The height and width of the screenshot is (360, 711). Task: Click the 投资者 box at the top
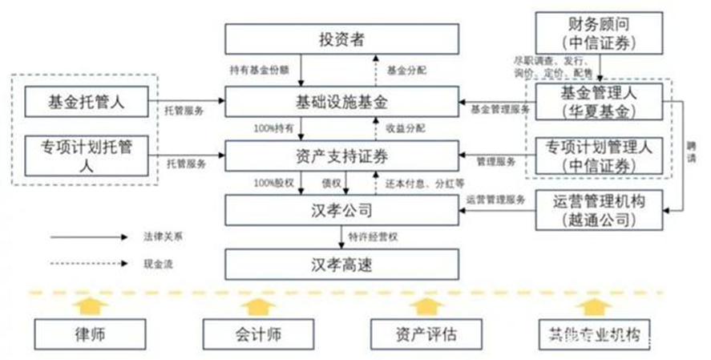[x=341, y=38]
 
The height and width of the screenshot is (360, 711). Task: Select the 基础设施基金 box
[x=341, y=102]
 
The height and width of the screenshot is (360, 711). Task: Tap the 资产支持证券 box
[x=341, y=155]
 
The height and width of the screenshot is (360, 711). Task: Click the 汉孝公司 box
[x=341, y=210]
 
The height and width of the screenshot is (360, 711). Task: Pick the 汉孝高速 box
[x=341, y=264]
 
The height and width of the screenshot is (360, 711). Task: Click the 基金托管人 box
[x=86, y=102]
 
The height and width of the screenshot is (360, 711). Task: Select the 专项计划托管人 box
[x=86, y=156]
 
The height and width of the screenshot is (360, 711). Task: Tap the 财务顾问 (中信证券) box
[x=599, y=32]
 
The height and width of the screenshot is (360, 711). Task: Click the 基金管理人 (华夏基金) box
[x=599, y=102]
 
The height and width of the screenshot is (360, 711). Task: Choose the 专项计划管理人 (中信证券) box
[x=599, y=156]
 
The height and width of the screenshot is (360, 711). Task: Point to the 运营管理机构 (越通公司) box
[x=599, y=210]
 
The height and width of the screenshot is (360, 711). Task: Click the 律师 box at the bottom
[x=86, y=332]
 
